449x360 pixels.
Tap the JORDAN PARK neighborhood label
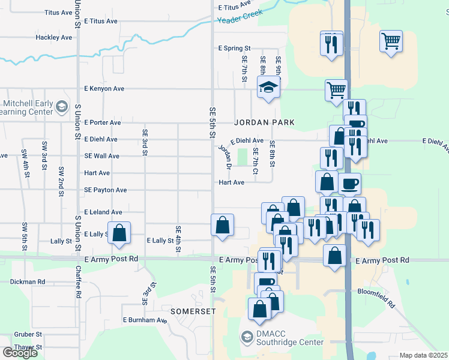265,122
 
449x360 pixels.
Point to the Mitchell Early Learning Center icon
61,107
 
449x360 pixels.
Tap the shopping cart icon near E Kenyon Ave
336,90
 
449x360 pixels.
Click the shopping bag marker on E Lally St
119,233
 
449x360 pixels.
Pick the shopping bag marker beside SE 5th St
223,226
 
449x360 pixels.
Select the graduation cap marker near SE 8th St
268,88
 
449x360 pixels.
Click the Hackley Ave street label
53,37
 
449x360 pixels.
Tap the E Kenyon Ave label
104,89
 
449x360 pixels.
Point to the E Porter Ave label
103,122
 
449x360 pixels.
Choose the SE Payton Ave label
106,190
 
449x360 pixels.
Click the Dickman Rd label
28,281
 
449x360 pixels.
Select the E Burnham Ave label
145,320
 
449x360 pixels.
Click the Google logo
20,353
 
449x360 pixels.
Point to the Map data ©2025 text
423,355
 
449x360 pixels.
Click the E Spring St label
234,48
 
